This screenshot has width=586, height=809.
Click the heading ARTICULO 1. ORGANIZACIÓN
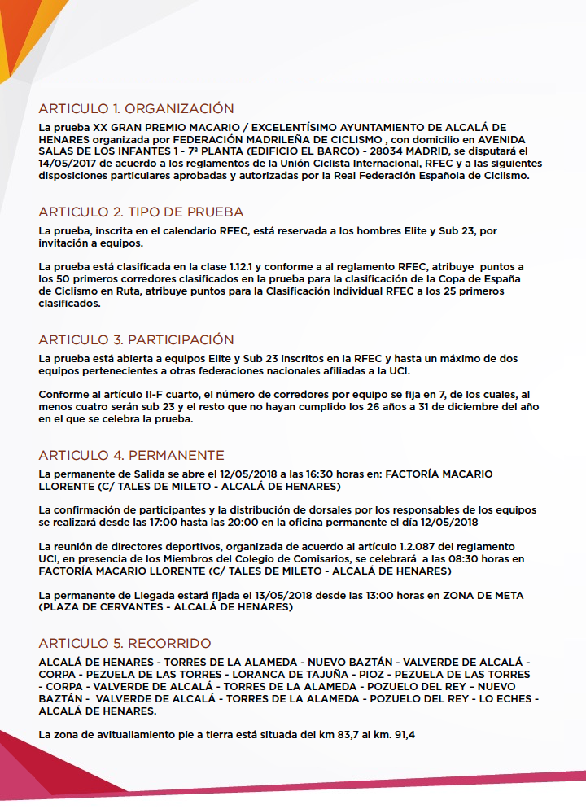click(x=136, y=108)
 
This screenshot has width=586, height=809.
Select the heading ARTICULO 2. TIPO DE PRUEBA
click(x=141, y=212)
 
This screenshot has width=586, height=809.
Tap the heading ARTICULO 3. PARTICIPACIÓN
click(x=136, y=339)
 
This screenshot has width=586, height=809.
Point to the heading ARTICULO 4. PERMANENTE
click(x=131, y=455)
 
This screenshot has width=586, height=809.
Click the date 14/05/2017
click(x=67, y=163)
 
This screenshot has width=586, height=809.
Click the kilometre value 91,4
click(x=401, y=735)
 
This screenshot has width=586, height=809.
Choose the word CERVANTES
click(x=118, y=608)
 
